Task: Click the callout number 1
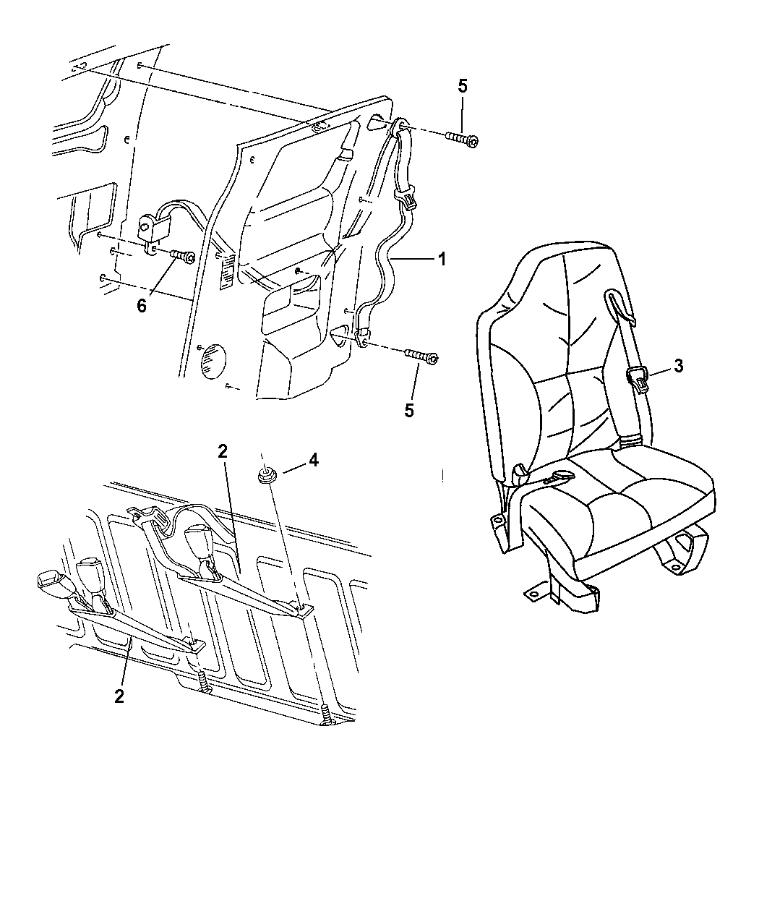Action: (x=441, y=258)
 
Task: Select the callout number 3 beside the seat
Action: (x=678, y=366)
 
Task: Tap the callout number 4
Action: (x=312, y=460)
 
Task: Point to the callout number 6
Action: (x=142, y=306)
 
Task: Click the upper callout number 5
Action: (x=463, y=86)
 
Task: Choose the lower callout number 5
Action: (x=409, y=410)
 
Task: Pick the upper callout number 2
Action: (x=223, y=451)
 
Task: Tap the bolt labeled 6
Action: (x=184, y=255)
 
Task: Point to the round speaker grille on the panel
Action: (x=211, y=361)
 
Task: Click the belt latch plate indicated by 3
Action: (x=637, y=377)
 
